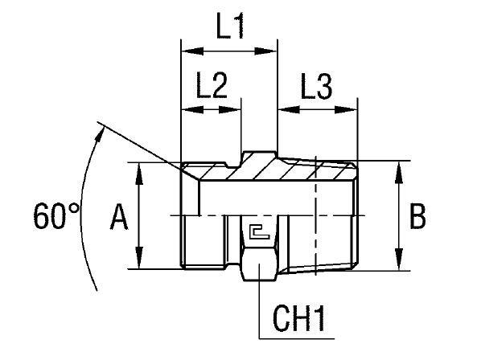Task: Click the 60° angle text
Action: [x=58, y=215]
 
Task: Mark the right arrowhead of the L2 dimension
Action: [x=236, y=110]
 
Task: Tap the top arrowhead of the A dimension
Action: [x=140, y=167]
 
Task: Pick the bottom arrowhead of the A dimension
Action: [x=140, y=265]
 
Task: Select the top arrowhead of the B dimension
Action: [x=400, y=166]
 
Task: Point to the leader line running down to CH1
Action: [x=259, y=309]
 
